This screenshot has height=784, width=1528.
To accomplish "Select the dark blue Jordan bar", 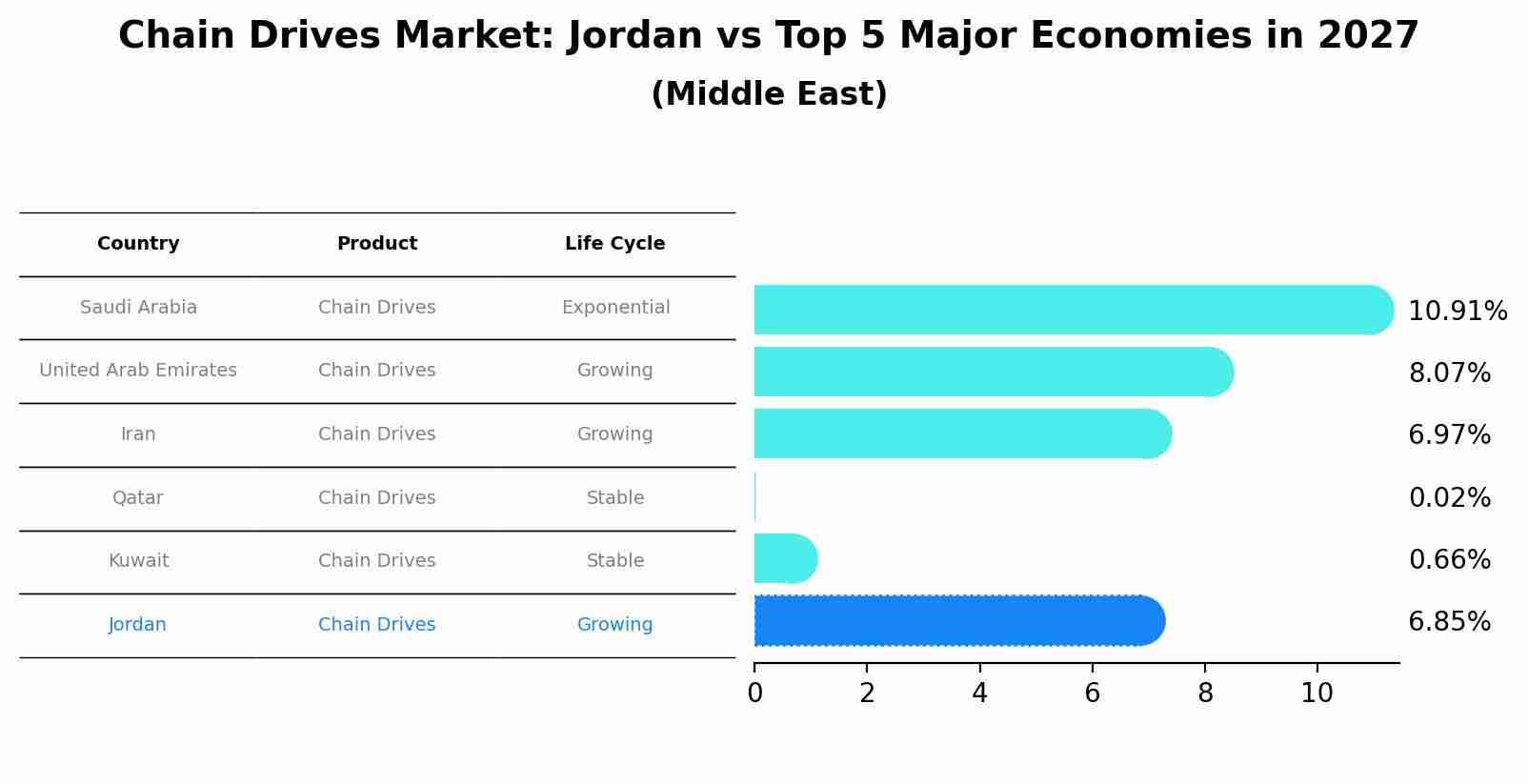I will pos(957,621).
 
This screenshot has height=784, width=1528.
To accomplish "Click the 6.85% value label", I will pos(1449,622).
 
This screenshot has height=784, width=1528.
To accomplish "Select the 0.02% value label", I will pos(1449,497).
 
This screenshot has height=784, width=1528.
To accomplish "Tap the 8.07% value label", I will pos(1449,372).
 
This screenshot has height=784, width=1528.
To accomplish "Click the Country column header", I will pos(138,244).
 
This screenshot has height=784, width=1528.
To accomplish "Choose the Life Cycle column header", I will pos(614,244).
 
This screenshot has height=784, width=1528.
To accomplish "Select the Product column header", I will pos(377,244).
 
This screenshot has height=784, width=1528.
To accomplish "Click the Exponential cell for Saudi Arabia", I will pos(615,308).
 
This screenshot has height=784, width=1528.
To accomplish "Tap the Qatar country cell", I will pos(138,497).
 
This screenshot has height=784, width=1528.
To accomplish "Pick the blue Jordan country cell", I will pos(137,625).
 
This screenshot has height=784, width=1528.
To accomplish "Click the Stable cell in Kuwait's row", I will pos(615,561).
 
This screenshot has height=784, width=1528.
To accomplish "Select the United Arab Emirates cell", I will pos(138,371).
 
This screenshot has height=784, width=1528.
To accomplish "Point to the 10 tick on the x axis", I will pos(1317,694).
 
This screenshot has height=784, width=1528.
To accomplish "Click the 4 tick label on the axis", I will pos(979,694).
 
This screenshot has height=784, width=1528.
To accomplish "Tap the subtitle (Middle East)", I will pos(769,94).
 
